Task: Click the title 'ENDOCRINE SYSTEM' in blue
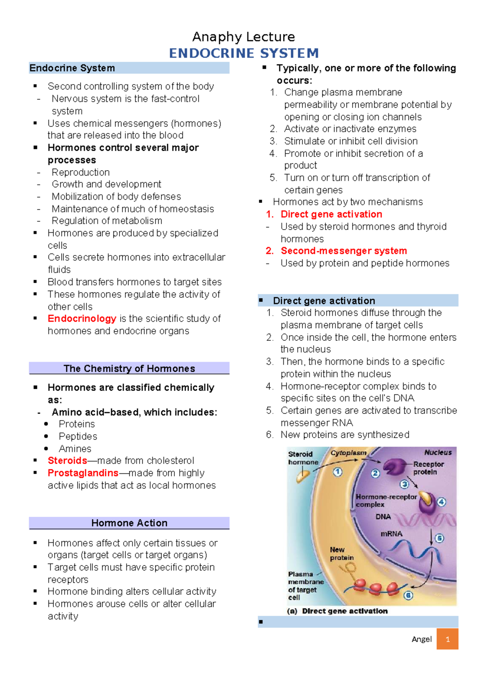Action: [x=244, y=53]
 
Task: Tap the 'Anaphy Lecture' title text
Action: [x=244, y=37]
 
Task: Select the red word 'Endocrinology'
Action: [x=82, y=318]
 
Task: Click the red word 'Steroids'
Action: [x=67, y=460]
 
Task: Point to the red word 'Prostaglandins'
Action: [x=83, y=473]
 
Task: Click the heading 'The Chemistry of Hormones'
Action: [x=129, y=368]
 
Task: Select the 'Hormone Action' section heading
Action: [x=129, y=523]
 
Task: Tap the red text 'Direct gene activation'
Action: [x=331, y=214]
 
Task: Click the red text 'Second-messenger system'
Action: [x=344, y=251]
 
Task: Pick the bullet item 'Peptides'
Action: [x=78, y=436]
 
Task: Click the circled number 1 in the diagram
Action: [x=338, y=472]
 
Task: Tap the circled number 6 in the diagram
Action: [x=408, y=596]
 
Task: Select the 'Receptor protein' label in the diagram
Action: [x=428, y=468]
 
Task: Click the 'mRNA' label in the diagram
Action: [x=391, y=534]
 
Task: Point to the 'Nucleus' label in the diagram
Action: [x=438, y=453]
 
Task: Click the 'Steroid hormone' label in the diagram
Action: [x=303, y=458]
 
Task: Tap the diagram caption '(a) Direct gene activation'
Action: [x=337, y=611]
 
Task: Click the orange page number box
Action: [x=447, y=639]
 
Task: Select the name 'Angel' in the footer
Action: [x=422, y=639]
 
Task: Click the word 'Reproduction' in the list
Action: [x=81, y=172]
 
